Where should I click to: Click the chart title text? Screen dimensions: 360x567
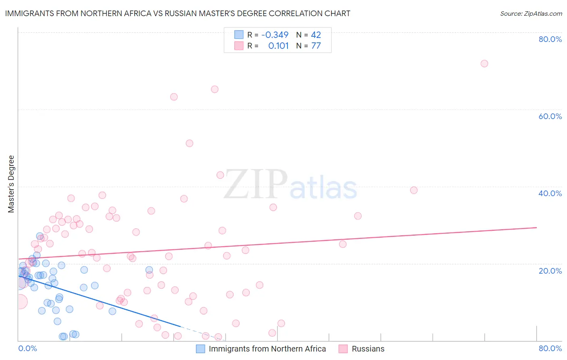click(x=177, y=13)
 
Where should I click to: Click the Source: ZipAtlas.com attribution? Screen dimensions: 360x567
click(x=531, y=13)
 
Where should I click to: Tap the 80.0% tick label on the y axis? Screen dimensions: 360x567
click(x=550, y=39)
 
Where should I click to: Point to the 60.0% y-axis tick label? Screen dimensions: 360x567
click(x=550, y=116)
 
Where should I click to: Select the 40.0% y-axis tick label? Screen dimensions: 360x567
click(x=550, y=193)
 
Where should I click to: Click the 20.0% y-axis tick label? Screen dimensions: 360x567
click(x=550, y=271)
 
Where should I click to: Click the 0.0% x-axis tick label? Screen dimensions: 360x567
click(x=27, y=348)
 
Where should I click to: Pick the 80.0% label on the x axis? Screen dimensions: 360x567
click(x=550, y=348)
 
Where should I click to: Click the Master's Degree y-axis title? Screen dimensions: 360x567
click(x=11, y=184)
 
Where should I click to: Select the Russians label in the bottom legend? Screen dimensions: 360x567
click(x=368, y=349)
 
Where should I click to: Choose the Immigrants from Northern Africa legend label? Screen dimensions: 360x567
click(x=267, y=349)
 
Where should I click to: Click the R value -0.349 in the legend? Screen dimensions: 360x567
click(x=275, y=35)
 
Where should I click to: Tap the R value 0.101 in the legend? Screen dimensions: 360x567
click(x=278, y=46)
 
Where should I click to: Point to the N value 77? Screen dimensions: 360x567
click(x=316, y=46)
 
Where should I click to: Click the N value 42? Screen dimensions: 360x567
click(x=316, y=35)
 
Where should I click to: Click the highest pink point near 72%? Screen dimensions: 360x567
click(x=484, y=63)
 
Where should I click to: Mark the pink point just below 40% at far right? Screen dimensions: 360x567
click(x=414, y=190)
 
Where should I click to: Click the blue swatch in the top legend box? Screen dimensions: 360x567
click(x=239, y=35)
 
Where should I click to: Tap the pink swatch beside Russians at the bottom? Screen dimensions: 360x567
click(x=343, y=349)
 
